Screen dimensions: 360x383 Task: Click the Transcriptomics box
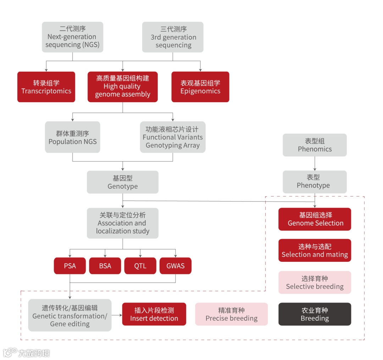click(x=46, y=87)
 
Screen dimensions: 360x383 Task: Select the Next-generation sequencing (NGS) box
click(x=72, y=37)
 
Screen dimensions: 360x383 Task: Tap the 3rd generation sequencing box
click(x=173, y=37)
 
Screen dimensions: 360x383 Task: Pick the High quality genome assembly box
click(x=122, y=87)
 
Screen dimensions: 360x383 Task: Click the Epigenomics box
click(x=200, y=87)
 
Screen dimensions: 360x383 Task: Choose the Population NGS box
click(x=72, y=137)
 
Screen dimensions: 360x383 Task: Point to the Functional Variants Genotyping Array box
click(x=172, y=137)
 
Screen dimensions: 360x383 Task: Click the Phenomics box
click(x=315, y=145)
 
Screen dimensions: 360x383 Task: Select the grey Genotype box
click(x=122, y=182)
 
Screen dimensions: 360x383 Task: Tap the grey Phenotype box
click(x=315, y=182)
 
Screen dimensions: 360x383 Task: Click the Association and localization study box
click(x=122, y=223)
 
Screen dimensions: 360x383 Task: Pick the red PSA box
click(x=70, y=266)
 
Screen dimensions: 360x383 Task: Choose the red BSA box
click(x=105, y=266)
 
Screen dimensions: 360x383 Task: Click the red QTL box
click(x=140, y=266)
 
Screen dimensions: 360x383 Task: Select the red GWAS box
click(x=175, y=266)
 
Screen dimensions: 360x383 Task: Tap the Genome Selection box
click(x=315, y=219)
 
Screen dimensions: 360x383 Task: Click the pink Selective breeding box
click(x=315, y=282)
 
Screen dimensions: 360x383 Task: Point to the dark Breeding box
click(x=315, y=314)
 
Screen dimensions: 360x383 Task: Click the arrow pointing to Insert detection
click(x=117, y=315)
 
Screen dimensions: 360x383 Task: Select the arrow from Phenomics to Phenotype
click(x=315, y=164)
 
